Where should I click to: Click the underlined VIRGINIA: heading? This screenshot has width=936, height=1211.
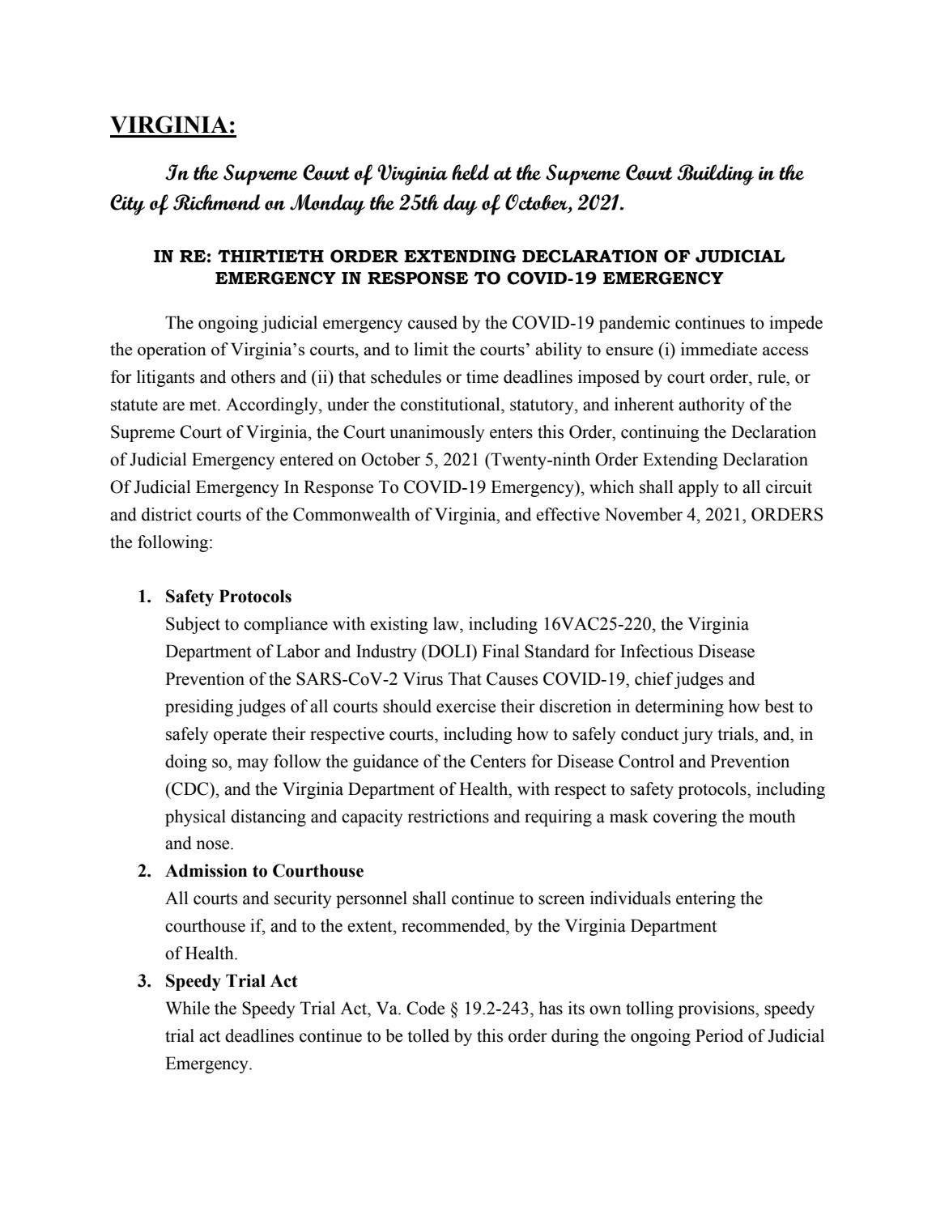click(172, 125)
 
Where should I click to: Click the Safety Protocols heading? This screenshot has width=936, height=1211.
click(228, 597)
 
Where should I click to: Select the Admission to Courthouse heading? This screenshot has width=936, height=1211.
click(264, 871)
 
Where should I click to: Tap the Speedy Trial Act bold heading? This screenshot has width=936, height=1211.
click(231, 981)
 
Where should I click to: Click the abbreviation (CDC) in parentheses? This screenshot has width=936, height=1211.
click(189, 789)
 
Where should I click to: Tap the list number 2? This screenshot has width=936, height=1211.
click(144, 871)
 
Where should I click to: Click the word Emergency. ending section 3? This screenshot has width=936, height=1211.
click(208, 1064)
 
